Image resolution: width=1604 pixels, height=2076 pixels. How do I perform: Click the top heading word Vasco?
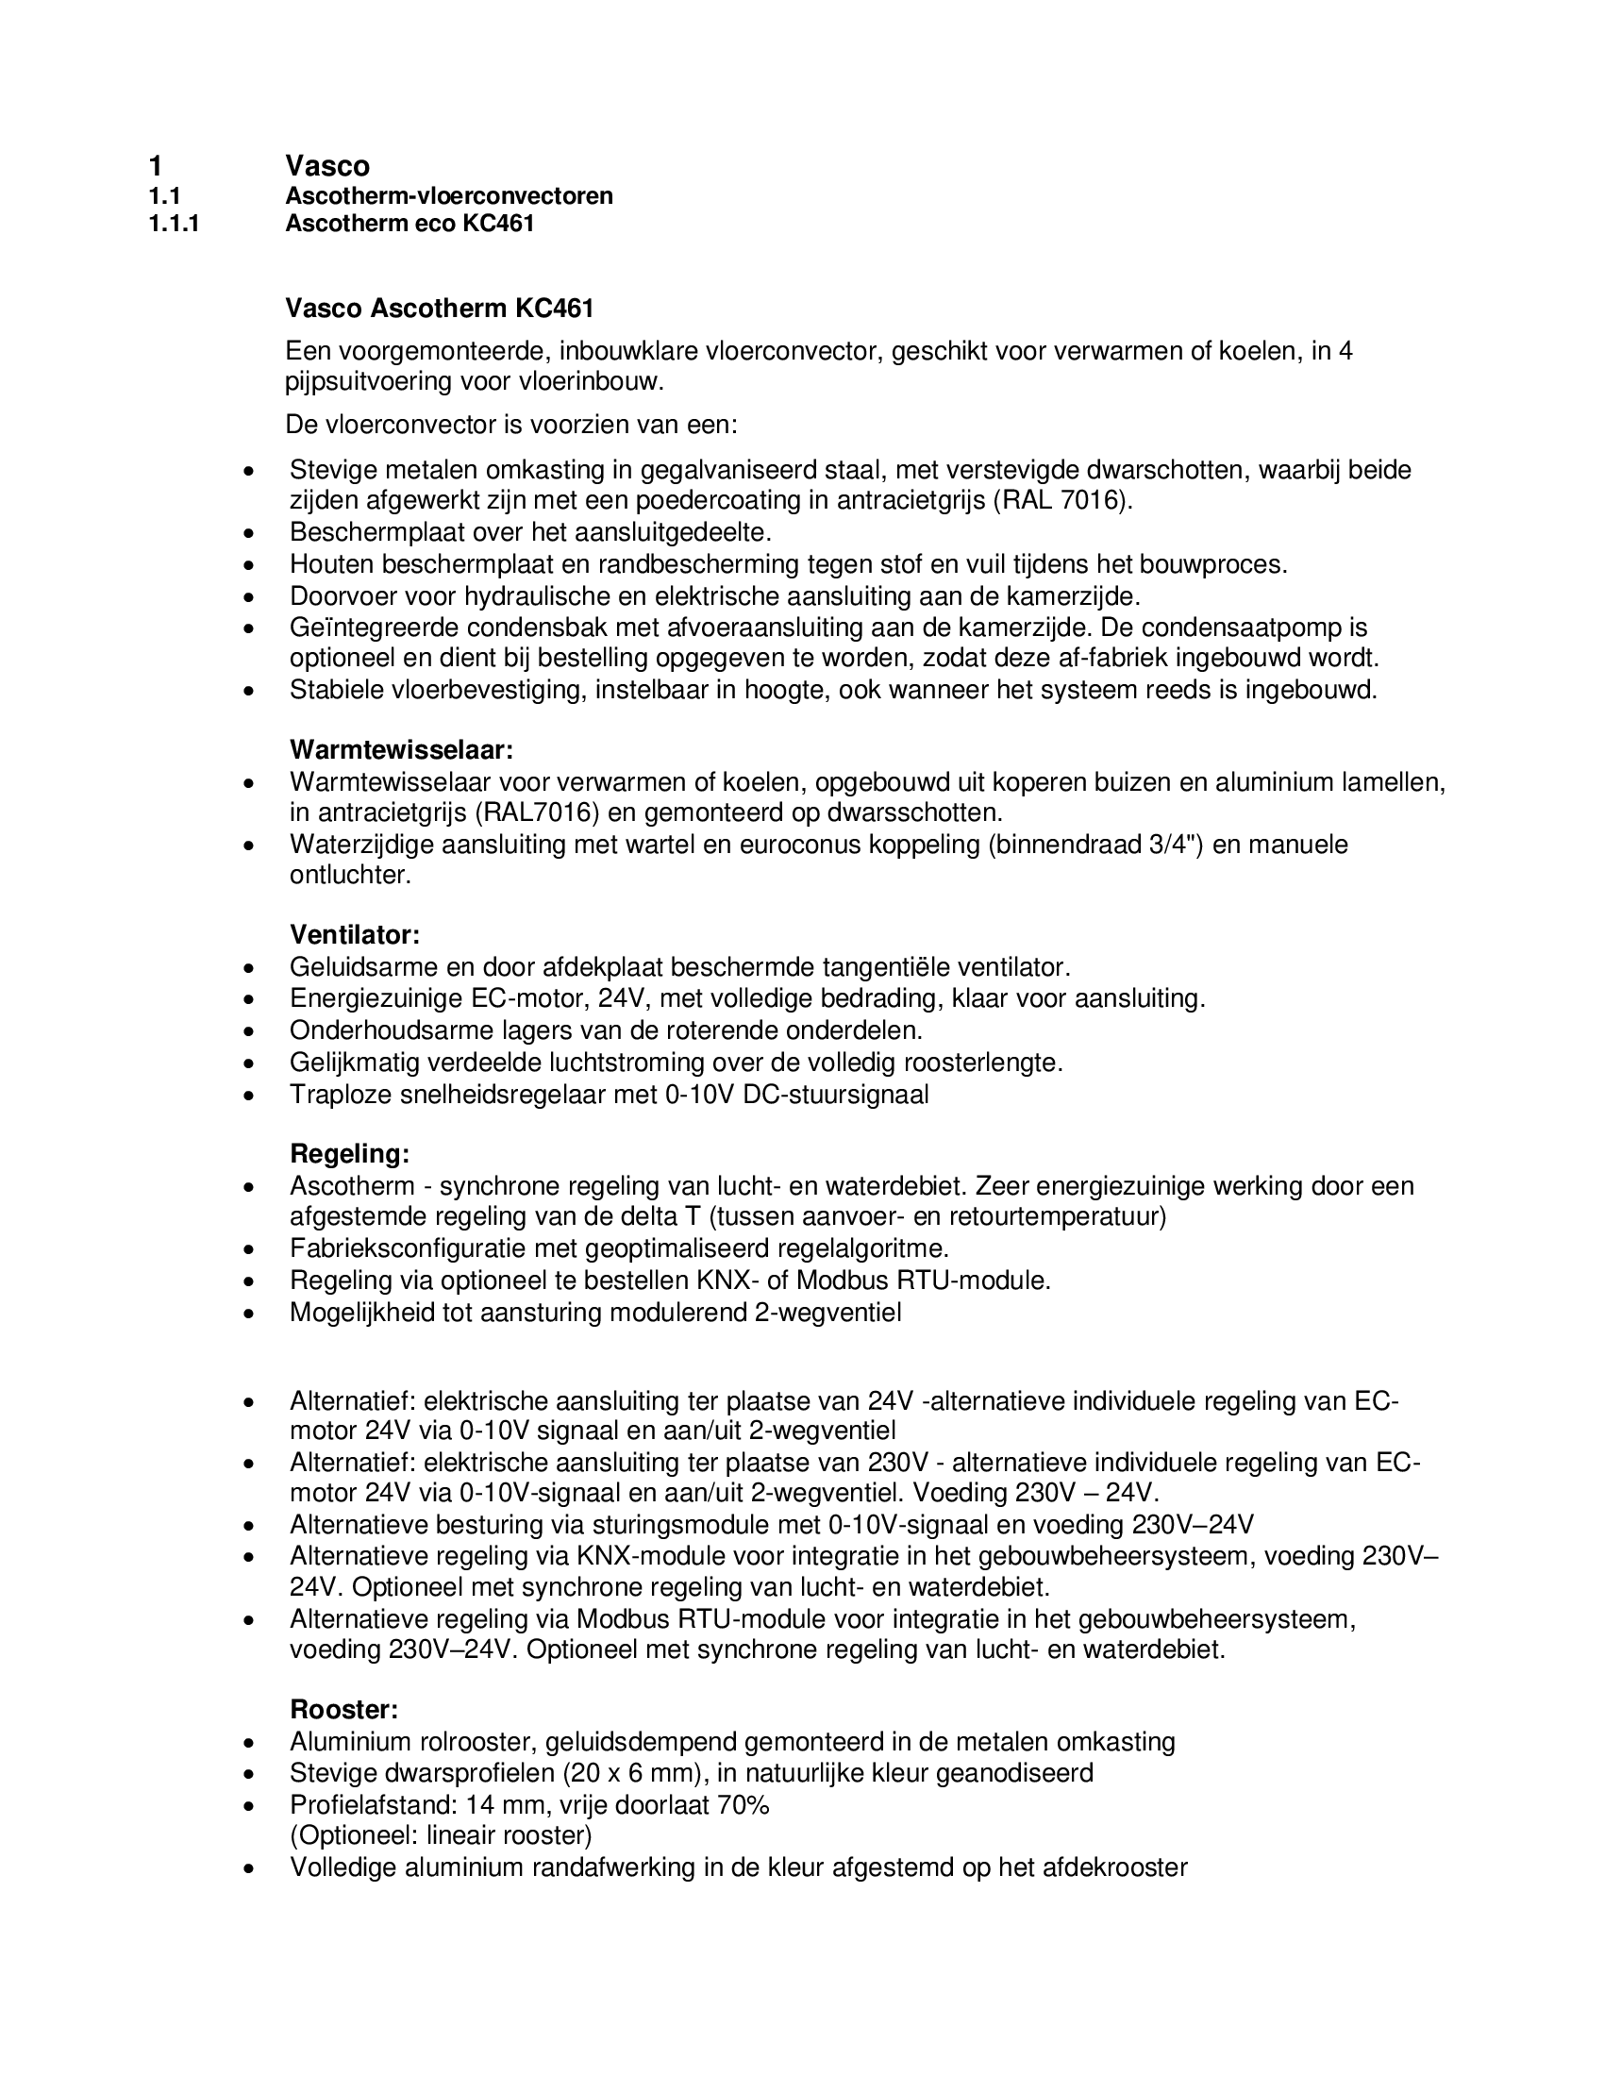click(x=326, y=166)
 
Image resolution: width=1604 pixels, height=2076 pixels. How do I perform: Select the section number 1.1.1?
click(x=174, y=225)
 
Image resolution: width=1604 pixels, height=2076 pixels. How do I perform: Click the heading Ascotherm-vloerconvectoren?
click(x=448, y=196)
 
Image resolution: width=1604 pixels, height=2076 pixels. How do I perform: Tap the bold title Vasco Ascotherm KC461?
click(x=439, y=309)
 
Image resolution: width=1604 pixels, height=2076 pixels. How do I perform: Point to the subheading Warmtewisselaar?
click(x=401, y=750)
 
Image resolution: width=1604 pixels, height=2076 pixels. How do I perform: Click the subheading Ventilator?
click(x=355, y=935)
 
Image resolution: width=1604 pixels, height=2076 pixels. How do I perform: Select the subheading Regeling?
click(x=350, y=1154)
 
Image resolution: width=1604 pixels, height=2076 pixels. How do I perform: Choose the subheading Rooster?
click(x=344, y=1710)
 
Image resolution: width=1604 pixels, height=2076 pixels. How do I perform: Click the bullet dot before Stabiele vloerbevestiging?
click(x=249, y=691)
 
